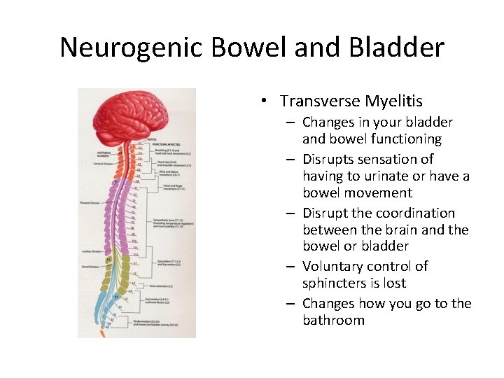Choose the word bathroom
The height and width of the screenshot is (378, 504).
333,321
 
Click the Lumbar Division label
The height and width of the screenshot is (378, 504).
91,251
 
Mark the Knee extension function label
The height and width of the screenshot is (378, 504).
160,286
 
